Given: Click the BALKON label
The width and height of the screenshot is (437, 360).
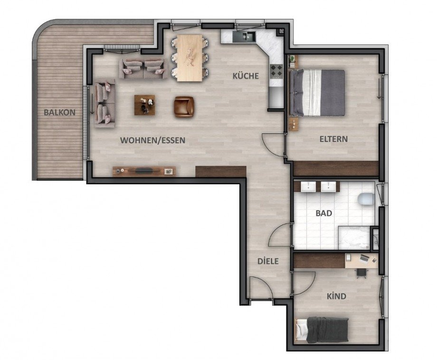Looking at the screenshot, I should (59, 113).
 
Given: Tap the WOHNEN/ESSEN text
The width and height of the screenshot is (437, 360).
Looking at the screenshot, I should (152, 140).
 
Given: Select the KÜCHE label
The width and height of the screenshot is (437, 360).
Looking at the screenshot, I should (246, 76).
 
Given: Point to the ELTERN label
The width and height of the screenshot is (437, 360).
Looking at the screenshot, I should (333, 139).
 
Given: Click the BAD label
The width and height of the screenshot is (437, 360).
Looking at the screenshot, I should (323, 213).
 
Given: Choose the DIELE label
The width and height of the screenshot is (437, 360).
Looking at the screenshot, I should (267, 261).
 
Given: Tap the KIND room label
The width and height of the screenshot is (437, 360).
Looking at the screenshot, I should (336, 296).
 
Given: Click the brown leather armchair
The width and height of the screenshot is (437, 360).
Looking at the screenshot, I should (184, 106).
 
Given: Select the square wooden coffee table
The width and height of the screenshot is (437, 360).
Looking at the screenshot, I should (144, 105).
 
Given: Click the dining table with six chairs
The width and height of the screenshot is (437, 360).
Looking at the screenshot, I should (190, 58).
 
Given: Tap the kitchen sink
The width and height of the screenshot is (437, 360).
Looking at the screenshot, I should (248, 36).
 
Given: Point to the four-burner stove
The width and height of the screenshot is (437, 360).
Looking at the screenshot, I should (276, 72).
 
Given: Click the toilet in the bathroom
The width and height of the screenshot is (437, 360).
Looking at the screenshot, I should (366, 199).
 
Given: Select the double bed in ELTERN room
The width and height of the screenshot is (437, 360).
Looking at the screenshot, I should (317, 92).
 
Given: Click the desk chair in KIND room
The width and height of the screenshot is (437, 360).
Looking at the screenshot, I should (361, 273).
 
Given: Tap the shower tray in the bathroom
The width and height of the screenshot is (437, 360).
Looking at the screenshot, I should (353, 237).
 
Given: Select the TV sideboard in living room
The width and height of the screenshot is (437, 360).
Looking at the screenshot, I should (144, 171).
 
